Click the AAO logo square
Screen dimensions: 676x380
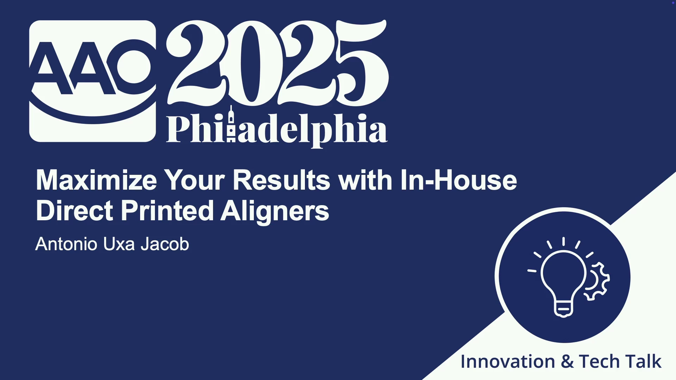[x=93, y=81]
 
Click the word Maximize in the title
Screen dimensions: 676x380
[x=96, y=180]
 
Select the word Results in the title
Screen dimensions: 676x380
[x=281, y=180]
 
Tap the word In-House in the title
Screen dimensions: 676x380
[x=458, y=180]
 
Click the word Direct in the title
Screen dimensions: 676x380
[x=74, y=211]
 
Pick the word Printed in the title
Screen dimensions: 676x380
[x=167, y=211]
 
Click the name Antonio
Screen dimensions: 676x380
[x=66, y=244]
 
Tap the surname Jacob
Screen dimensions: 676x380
[x=165, y=244]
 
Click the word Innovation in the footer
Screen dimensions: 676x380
[x=508, y=362]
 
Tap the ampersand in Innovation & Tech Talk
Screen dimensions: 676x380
[x=567, y=362]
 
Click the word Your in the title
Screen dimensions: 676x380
[x=195, y=180]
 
